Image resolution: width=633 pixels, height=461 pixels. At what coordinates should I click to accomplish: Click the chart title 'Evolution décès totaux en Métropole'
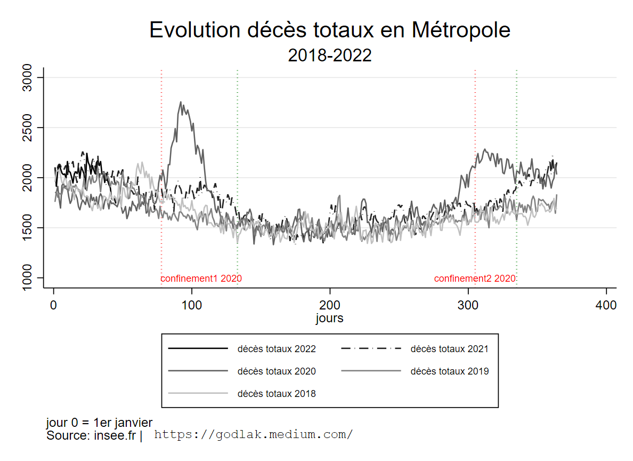pyautogui.click(x=330, y=30)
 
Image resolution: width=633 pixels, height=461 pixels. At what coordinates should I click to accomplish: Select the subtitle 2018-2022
pyautogui.click(x=329, y=55)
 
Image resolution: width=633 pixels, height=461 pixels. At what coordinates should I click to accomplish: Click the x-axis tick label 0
pyautogui.click(x=53, y=306)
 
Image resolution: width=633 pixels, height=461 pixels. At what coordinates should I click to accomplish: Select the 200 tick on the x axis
pyautogui.click(x=330, y=306)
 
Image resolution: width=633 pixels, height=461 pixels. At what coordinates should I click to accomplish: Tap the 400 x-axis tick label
pyautogui.click(x=606, y=306)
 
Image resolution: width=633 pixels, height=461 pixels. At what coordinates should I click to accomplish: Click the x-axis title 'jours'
pyautogui.click(x=329, y=319)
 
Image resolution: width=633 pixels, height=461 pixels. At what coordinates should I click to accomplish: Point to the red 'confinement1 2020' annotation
pyautogui.click(x=201, y=279)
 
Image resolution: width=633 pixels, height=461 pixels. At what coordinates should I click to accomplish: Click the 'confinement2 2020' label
pyautogui.click(x=475, y=279)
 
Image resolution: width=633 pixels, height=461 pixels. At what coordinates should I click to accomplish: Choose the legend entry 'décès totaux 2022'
pyautogui.click(x=277, y=349)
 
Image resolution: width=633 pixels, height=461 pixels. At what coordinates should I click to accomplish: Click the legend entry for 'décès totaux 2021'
pyautogui.click(x=449, y=349)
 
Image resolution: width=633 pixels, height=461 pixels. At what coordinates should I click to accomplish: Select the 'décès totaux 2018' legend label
pyautogui.click(x=277, y=394)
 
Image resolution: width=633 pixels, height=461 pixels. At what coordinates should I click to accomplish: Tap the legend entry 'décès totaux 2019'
pyautogui.click(x=449, y=371)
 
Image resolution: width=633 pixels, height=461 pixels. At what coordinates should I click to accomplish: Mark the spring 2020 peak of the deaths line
pyautogui.click(x=181, y=102)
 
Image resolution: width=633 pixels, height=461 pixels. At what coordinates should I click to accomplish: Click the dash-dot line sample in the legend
pyautogui.click(x=370, y=349)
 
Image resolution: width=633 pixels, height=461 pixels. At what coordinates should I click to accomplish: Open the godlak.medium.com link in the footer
pyautogui.click(x=253, y=435)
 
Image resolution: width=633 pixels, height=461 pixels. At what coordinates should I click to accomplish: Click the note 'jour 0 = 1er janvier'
pyautogui.click(x=100, y=423)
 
